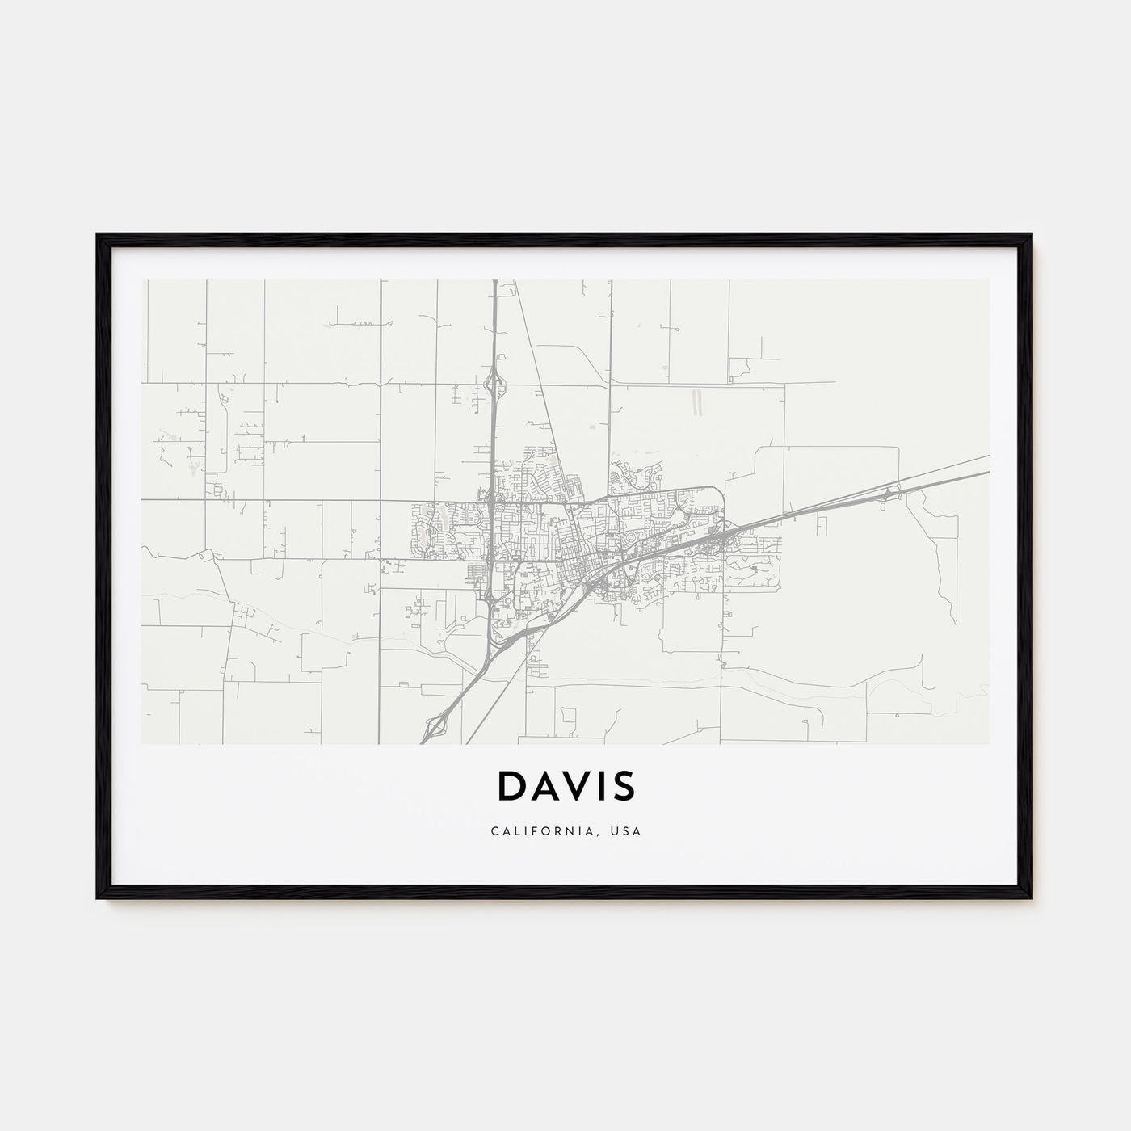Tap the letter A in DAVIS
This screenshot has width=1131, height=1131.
(545, 785)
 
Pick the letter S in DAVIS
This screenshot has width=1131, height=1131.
(624, 785)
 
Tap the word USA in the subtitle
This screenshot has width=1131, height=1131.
(629, 831)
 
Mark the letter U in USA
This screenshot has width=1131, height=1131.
(619, 831)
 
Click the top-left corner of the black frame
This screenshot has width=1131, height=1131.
(98, 235)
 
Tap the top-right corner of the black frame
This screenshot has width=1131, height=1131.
(1032, 235)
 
